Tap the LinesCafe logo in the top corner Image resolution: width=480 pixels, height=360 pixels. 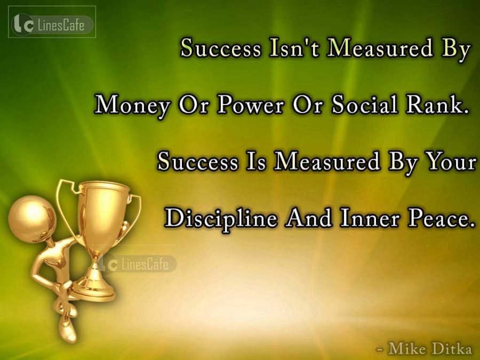pos(52,22)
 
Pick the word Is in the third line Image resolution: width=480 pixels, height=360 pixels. pos(255,162)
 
